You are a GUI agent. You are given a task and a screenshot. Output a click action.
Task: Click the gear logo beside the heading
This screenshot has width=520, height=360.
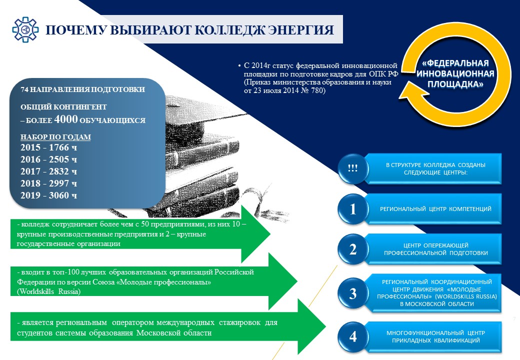coord(25,29)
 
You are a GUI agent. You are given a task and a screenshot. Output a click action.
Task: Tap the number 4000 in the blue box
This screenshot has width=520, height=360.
coord(66,119)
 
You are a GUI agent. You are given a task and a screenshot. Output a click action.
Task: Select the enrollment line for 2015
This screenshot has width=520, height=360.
coord(49,147)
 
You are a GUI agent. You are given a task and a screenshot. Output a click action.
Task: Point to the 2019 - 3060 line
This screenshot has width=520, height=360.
coord(49,195)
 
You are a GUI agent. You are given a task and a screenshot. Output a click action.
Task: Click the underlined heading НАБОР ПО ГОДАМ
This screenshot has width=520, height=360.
coord(55,137)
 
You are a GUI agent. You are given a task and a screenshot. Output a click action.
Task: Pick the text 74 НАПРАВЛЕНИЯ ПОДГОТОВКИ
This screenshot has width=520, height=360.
coord(83,89)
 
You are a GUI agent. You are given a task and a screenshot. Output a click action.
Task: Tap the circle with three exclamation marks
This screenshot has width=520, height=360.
coord(353,168)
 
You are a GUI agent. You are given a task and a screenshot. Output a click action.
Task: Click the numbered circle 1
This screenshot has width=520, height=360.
coord(353,209)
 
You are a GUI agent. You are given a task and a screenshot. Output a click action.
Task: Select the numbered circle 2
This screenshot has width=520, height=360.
coord(353,249)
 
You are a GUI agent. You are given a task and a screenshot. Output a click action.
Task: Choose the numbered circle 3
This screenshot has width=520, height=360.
coord(353,293)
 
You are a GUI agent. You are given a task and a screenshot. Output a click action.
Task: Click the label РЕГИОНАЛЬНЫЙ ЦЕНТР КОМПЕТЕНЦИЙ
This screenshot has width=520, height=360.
coord(435,209)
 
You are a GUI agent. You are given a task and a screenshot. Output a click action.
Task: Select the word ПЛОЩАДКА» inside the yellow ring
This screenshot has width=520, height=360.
coord(455,84)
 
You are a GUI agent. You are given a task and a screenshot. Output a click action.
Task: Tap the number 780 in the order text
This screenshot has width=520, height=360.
coord(317,90)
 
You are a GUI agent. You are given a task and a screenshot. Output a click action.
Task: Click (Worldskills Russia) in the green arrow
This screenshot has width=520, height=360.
coord(49,291)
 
